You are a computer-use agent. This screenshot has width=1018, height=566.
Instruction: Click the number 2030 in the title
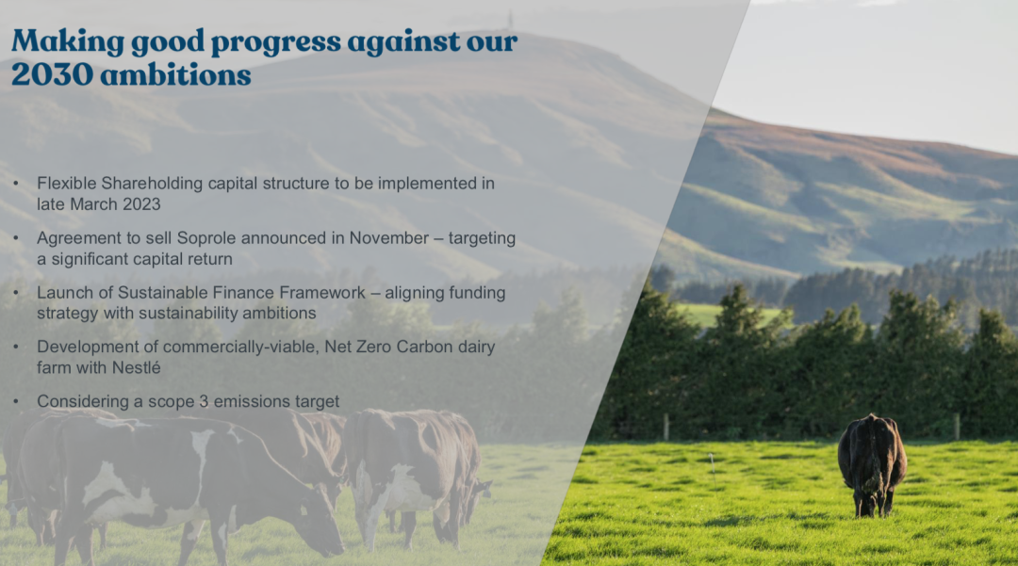pos(52,73)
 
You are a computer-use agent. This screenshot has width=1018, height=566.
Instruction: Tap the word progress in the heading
pos(276,43)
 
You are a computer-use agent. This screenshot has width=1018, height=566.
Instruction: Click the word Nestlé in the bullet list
pos(136,367)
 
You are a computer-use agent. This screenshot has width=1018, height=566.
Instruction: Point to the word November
pos(389,238)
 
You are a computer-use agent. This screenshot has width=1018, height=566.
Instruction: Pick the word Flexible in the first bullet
pos(66,184)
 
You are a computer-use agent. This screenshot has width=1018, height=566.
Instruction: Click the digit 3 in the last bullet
pos(204,401)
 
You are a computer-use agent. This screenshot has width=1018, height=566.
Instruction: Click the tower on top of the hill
pos(510,20)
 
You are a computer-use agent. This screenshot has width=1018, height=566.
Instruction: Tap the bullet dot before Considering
pos(16,401)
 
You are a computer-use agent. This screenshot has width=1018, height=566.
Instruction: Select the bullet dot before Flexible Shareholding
pos(16,184)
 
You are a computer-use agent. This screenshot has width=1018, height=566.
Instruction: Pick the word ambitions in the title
pos(176,73)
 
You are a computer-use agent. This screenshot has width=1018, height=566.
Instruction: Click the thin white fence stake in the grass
pos(713,468)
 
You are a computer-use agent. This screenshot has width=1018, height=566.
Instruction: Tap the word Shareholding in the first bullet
pos(152,184)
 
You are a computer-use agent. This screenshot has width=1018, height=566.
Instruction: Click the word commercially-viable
pos(241,347)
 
